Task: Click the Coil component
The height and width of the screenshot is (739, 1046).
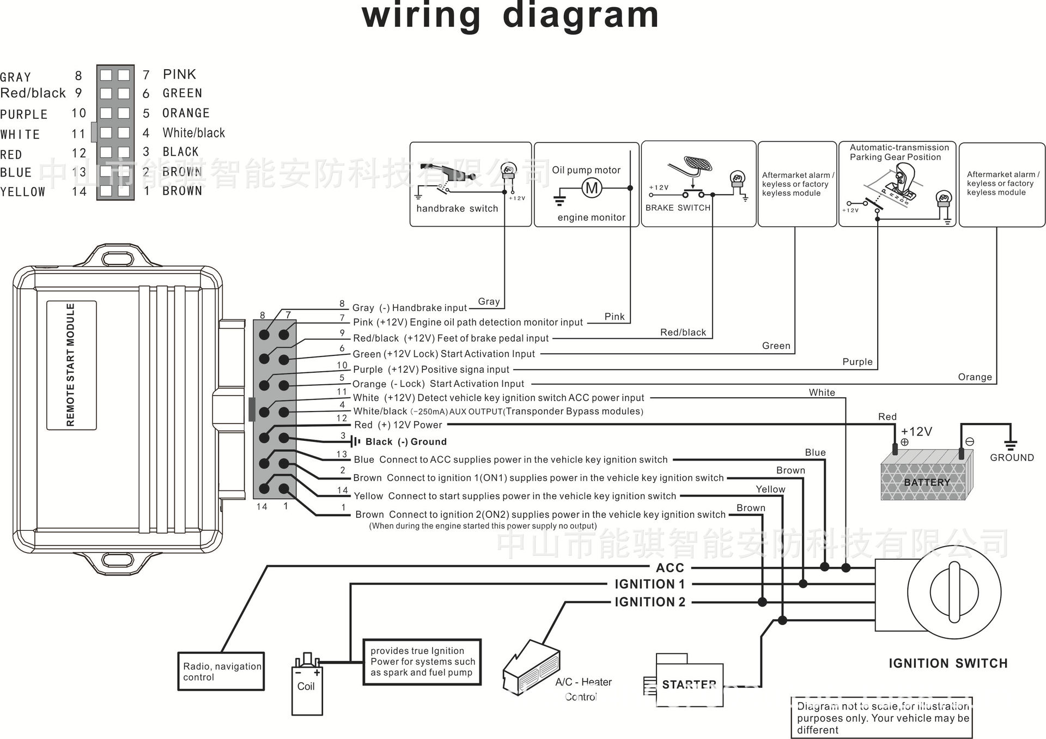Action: click(x=307, y=685)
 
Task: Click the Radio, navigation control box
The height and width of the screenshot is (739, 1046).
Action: click(x=221, y=671)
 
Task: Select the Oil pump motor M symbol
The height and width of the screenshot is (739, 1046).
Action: click(x=592, y=189)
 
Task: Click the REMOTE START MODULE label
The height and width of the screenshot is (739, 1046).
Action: click(x=71, y=365)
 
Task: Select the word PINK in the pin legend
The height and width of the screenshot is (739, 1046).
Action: click(x=179, y=74)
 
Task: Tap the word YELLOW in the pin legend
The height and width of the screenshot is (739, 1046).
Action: click(x=22, y=192)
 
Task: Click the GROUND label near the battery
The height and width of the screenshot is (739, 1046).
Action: click(x=1012, y=458)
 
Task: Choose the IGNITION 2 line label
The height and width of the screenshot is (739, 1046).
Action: click(x=650, y=602)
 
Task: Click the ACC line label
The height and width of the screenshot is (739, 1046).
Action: click(x=670, y=568)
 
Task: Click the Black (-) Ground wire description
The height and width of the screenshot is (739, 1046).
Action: click(x=406, y=442)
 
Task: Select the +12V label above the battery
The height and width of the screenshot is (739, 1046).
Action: click(x=916, y=432)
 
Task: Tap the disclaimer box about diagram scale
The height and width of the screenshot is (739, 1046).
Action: click(x=882, y=718)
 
